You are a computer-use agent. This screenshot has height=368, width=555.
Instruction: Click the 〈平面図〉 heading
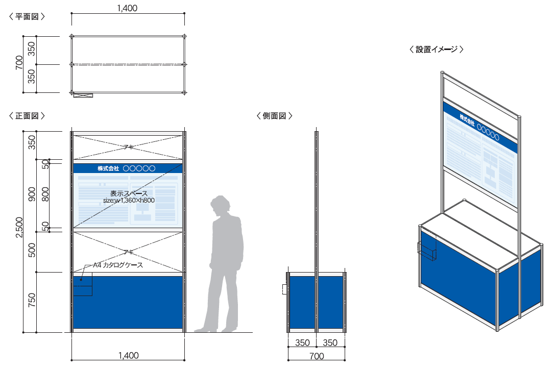coord(27,17)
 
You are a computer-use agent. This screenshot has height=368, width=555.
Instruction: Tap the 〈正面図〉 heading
coord(27,116)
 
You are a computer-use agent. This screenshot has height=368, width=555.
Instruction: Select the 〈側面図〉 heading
coord(274,116)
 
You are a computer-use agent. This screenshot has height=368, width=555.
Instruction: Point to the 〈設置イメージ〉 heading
coord(436,50)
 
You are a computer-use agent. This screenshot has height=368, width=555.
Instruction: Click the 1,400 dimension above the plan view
coord(127,8)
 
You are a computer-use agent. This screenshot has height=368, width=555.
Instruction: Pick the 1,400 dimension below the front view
coord(128,356)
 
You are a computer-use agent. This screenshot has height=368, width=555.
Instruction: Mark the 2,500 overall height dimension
coord(19,227)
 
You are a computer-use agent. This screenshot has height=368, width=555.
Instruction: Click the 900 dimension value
coord(32,194)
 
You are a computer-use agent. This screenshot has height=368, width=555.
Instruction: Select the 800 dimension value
coord(45,194)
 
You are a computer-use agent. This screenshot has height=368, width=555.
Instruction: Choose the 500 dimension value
coord(32,250)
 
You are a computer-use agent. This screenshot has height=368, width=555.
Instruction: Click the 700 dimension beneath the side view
coord(317,356)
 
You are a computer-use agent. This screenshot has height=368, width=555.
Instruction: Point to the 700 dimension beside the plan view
coord(19,63)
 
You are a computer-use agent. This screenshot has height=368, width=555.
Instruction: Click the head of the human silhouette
coord(221,204)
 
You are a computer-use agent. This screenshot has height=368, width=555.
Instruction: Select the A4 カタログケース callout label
coord(117,265)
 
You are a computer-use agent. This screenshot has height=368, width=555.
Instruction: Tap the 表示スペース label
coord(129,193)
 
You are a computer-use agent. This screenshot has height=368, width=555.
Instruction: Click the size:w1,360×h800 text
coord(129,201)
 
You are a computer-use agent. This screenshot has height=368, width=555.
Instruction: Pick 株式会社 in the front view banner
coord(108,168)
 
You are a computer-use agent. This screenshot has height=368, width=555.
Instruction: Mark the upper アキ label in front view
coord(128,147)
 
